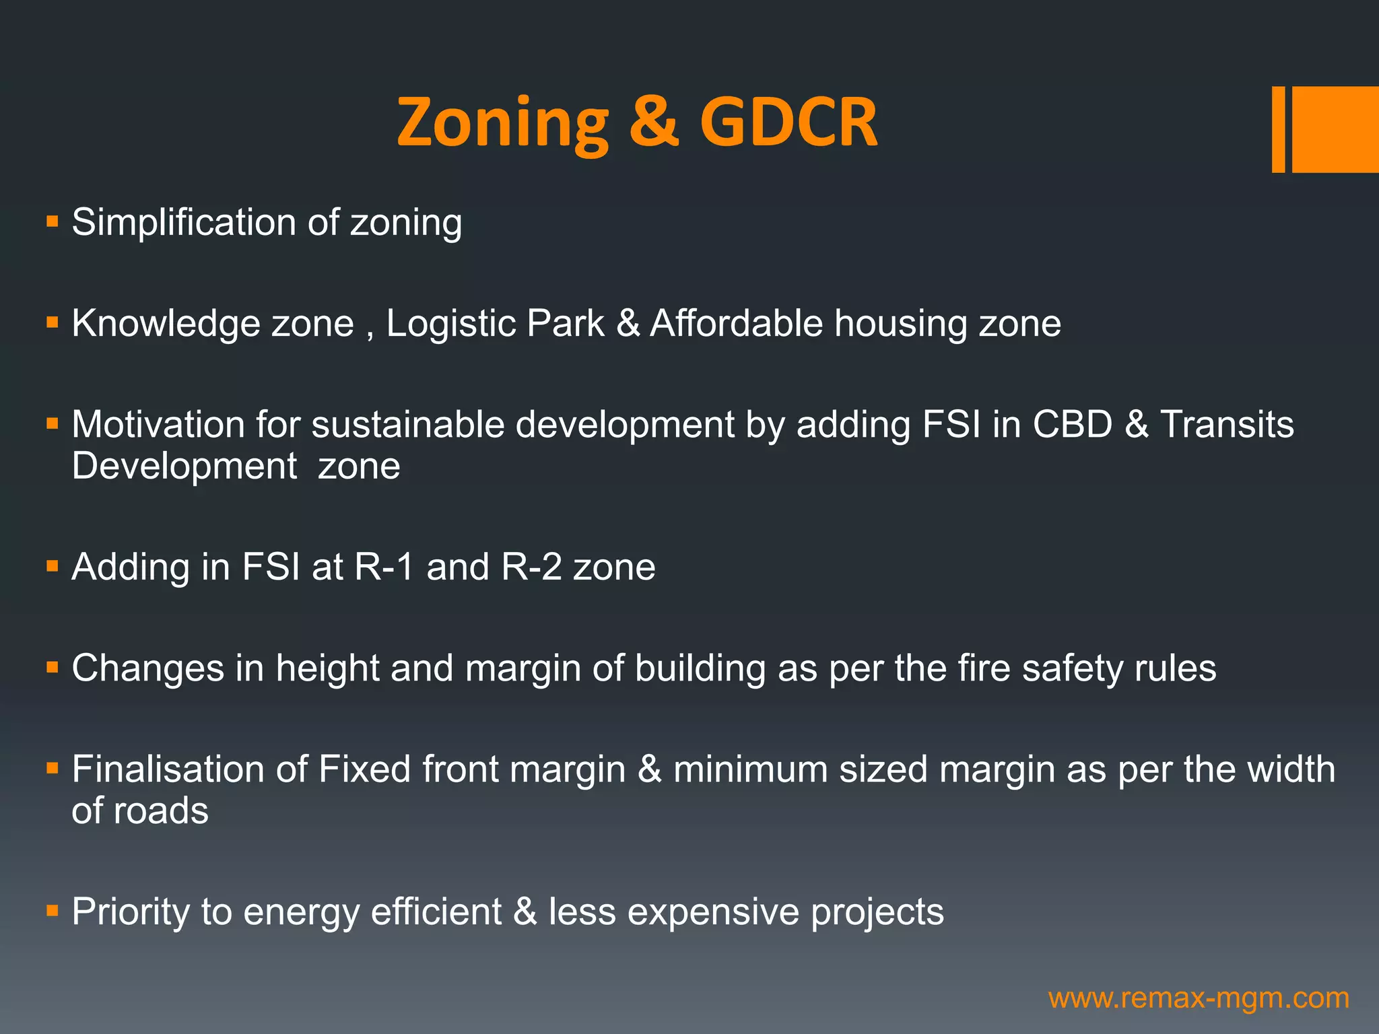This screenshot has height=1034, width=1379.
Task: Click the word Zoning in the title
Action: click(502, 123)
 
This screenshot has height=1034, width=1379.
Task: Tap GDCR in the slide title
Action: click(788, 123)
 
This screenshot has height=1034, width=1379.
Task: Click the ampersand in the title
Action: click(654, 123)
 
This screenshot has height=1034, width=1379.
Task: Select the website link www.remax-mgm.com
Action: click(1199, 998)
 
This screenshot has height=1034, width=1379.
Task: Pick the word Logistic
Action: click(450, 324)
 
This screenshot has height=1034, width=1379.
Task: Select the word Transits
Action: click(1226, 425)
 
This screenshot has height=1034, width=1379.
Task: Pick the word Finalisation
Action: click(189, 769)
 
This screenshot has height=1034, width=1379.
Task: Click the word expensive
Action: click(713, 912)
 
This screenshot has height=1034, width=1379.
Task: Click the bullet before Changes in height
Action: click(53, 667)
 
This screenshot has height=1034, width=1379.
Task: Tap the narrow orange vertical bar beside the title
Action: click(1278, 129)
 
